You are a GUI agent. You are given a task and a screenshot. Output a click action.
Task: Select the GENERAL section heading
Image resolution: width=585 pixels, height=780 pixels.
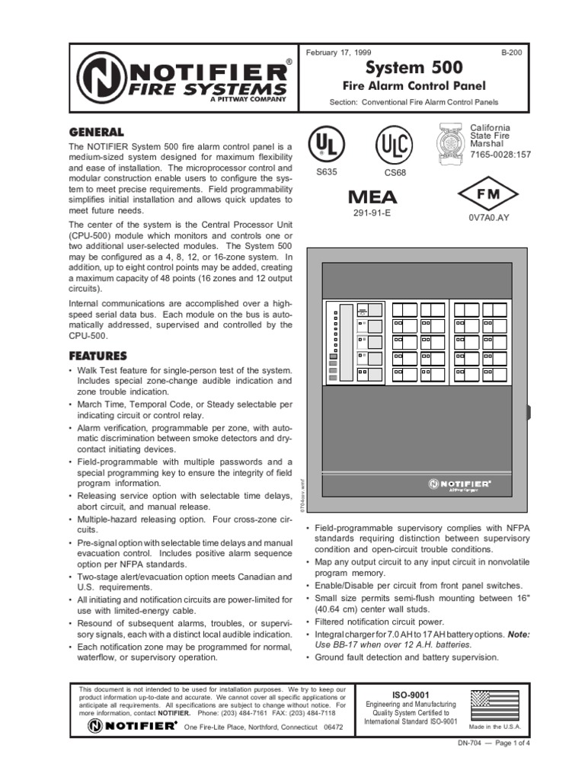coord(96,131)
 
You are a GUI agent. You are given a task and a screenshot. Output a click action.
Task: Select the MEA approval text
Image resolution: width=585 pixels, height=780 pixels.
coord(372,197)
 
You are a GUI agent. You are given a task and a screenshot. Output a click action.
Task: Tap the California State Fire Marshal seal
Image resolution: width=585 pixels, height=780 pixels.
coord(452,142)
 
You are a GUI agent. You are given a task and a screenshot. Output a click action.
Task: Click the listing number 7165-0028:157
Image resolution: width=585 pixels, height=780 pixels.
coord(500,155)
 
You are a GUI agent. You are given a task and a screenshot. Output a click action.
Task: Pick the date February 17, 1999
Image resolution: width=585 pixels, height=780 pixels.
coord(338,53)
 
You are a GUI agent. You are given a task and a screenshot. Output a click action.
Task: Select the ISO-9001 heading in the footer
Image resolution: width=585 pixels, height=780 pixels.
coord(411,695)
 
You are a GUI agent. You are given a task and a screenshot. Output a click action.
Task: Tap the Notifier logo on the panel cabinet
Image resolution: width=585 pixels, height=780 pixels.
coord(459,483)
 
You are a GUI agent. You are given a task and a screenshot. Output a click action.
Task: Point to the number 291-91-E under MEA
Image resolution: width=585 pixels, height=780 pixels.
coord(372,213)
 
